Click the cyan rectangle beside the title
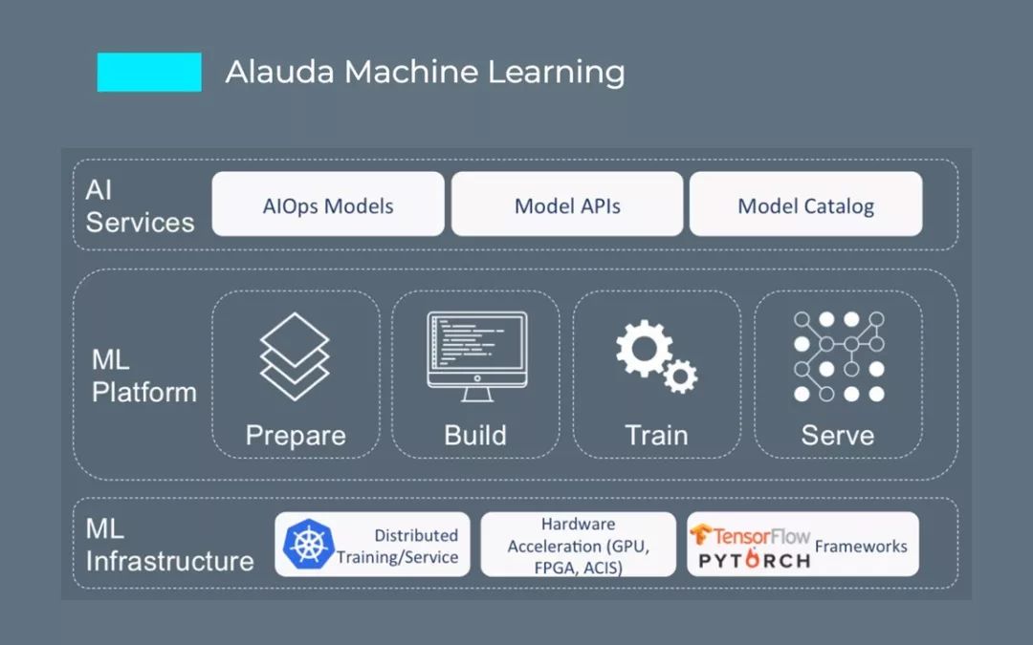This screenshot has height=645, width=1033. [x=149, y=72]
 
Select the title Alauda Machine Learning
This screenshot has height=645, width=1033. [x=425, y=72]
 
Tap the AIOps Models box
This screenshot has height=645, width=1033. [x=328, y=204]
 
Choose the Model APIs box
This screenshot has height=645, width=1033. [x=567, y=204]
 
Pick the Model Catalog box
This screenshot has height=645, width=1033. [x=805, y=204]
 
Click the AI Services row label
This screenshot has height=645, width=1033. [x=139, y=205]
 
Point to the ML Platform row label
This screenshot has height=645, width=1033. [x=143, y=376]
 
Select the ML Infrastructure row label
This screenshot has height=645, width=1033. [x=169, y=545]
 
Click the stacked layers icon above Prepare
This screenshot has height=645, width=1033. [x=295, y=355]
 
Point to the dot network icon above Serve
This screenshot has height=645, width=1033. [x=839, y=355]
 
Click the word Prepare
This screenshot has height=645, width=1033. [x=296, y=436]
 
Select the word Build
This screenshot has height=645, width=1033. [x=475, y=436]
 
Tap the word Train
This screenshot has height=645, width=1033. [x=656, y=436]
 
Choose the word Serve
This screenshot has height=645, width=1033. [x=838, y=436]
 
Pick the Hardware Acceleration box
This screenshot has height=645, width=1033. [x=578, y=545]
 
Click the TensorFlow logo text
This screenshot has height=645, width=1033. [x=752, y=535]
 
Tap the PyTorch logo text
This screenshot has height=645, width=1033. [x=754, y=559]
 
